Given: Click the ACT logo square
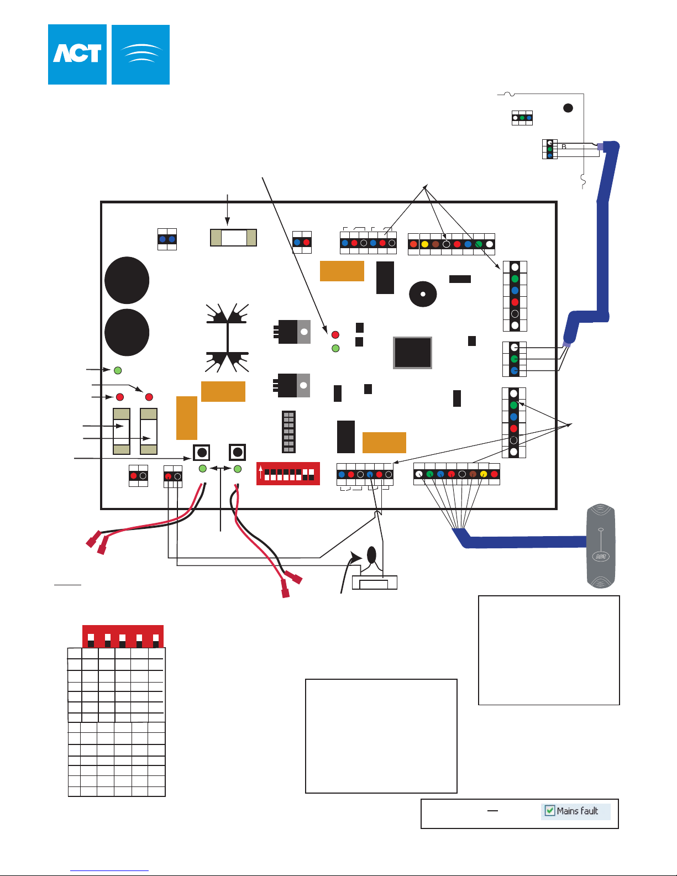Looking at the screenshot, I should point(77,54).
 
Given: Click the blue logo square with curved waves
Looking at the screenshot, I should point(140,54).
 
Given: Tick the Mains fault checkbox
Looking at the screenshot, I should point(549,811).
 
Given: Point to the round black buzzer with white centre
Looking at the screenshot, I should point(423,294).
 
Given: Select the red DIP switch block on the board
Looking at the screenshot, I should point(288,474).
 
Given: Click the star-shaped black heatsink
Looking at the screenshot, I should point(228,338).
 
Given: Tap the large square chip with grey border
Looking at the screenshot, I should point(412,353).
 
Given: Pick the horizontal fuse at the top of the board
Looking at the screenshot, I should point(233,238).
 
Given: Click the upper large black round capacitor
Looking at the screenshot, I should point(127,280).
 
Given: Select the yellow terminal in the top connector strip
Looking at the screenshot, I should point(424,244).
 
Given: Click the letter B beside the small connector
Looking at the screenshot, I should point(564,147).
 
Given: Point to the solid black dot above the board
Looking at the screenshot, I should point(568,108).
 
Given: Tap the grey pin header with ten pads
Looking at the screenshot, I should point(288,432).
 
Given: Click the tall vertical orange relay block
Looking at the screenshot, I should point(187,418).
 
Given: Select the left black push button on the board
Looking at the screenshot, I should point(202,453).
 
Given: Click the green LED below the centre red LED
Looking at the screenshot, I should point(335,349).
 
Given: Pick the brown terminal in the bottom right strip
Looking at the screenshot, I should point(473,474).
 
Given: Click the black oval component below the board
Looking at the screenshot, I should point(371,554).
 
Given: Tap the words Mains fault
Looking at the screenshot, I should point(578,811).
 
